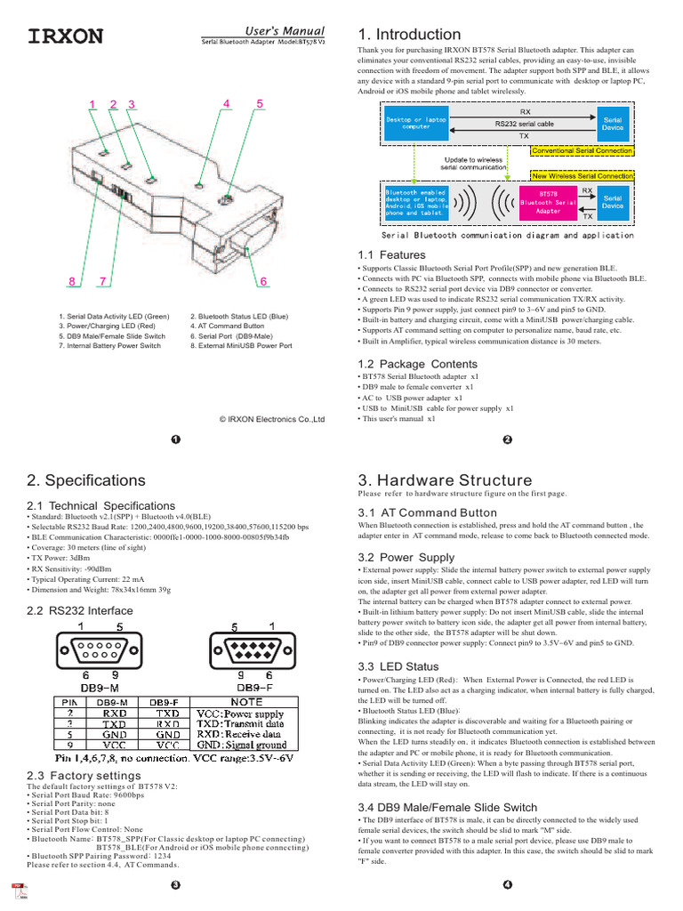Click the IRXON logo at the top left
(66, 36)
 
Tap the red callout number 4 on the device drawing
(226, 104)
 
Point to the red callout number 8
(71, 282)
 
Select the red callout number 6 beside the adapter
(264, 282)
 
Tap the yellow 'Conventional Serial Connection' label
(582, 151)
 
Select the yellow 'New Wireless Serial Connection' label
(582, 176)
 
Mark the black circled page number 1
(175, 439)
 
